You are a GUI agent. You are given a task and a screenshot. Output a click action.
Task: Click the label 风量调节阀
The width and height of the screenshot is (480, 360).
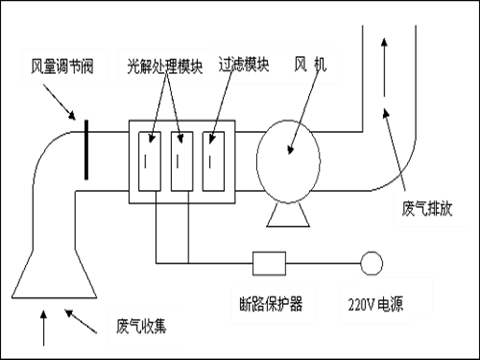(62, 69)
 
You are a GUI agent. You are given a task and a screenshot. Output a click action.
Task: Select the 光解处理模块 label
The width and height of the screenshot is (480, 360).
(165, 69)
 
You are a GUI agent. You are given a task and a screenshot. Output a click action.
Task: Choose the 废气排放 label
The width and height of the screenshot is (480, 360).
(428, 209)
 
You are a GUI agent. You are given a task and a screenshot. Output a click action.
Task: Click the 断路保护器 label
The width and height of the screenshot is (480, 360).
(271, 303)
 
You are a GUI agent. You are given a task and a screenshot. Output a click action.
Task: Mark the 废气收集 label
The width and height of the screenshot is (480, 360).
(143, 325)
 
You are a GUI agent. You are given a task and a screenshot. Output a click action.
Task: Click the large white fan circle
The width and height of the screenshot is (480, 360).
(288, 160)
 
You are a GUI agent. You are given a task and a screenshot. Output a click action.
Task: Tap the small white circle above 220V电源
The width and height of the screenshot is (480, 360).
(371, 263)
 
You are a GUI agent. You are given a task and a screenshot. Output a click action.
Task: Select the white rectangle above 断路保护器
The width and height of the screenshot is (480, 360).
(269, 263)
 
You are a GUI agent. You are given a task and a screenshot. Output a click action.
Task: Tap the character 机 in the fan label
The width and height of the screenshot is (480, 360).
(320, 67)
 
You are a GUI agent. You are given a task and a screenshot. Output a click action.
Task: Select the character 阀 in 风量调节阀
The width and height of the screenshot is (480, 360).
(88, 69)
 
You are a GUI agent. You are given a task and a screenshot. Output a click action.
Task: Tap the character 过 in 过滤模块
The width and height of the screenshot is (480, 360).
(226, 67)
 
